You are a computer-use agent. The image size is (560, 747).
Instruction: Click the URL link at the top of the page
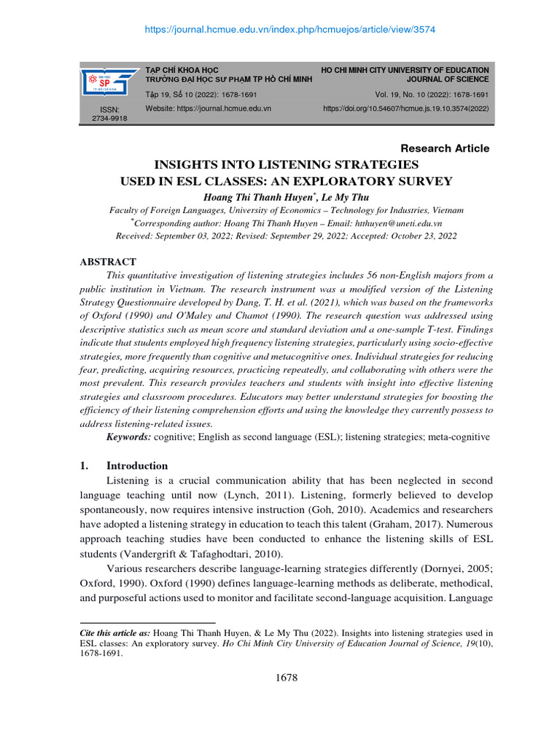(x=279, y=29)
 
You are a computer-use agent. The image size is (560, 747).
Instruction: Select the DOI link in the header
(x=405, y=108)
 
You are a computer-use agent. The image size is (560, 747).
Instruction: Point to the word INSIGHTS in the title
(x=184, y=164)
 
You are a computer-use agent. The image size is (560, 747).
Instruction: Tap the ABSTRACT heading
(x=106, y=261)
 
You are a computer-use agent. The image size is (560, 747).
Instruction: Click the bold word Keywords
(x=129, y=436)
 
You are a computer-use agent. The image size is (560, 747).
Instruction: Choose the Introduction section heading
(x=137, y=465)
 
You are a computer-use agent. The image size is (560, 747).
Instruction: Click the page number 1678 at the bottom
(x=287, y=678)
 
